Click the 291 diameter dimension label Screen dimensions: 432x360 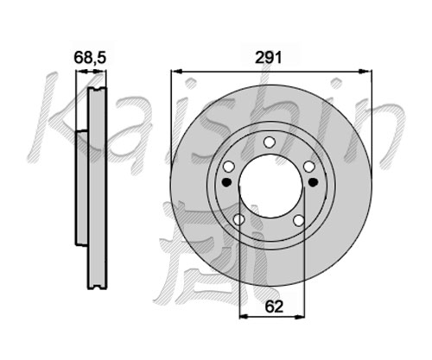point(269,59)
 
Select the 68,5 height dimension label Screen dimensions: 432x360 point(90,58)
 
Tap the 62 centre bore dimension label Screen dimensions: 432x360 point(274,306)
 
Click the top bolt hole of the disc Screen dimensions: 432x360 point(270,142)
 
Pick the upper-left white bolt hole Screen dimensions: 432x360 point(229,167)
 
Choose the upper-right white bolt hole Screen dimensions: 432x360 point(309,167)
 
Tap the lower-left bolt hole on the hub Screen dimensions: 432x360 point(238,220)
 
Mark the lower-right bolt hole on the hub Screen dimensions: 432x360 point(298,220)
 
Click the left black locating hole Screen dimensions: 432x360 point(227,182)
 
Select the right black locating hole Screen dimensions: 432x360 point(313,182)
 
